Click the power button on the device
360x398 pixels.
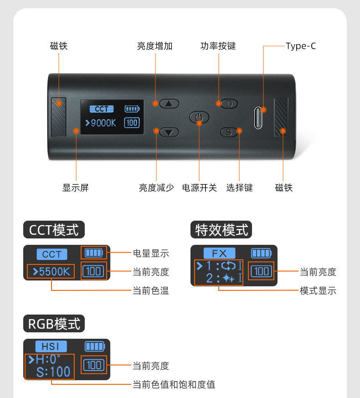click(199, 118)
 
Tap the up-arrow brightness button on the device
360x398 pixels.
click(170, 103)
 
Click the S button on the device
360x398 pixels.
click(229, 132)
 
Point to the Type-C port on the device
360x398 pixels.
click(259, 118)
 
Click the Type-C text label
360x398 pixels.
click(301, 46)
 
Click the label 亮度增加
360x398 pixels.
click(155, 46)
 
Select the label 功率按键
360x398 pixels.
click(218, 46)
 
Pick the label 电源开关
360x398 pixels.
click(200, 188)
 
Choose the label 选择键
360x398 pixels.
click(240, 188)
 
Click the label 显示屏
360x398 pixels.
click(76, 188)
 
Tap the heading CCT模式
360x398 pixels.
click(54, 230)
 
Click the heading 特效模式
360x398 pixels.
click(221, 230)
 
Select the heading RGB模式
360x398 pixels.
click(54, 324)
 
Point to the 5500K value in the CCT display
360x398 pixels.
click(51, 272)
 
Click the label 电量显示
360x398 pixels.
click(151, 253)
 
